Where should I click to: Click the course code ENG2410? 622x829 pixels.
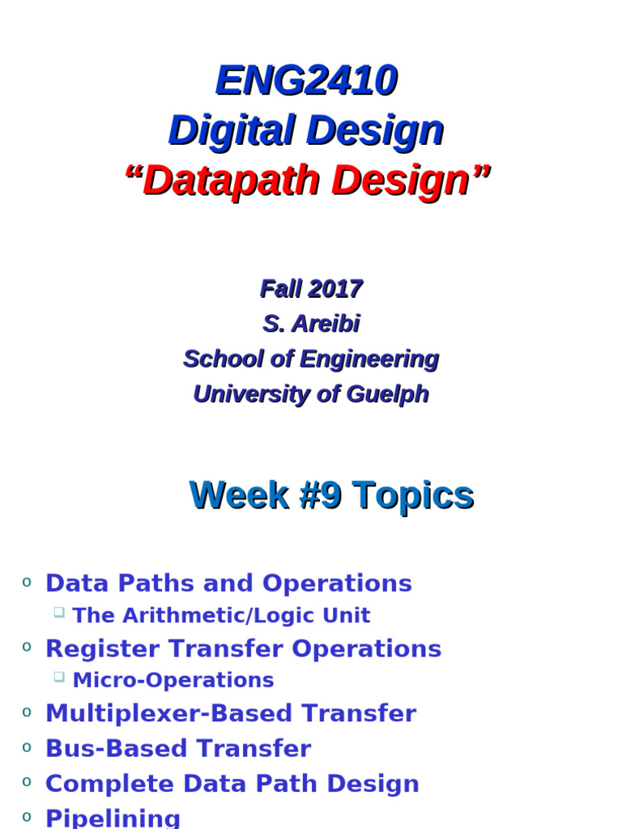tap(306, 81)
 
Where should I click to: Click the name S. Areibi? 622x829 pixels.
tap(311, 324)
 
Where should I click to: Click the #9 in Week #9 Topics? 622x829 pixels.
tap(320, 495)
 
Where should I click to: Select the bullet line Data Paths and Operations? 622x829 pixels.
tap(228, 583)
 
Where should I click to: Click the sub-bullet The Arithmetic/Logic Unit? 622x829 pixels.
tap(221, 615)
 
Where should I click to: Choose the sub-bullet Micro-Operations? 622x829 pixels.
tap(173, 680)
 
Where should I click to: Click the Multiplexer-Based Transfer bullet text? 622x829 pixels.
tap(230, 713)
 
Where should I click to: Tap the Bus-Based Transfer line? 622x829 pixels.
tap(177, 748)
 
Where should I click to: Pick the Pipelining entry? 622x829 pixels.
tap(113, 818)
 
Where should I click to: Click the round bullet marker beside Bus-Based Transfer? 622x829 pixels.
tap(27, 746)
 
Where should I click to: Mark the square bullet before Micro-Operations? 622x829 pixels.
tap(59, 677)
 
